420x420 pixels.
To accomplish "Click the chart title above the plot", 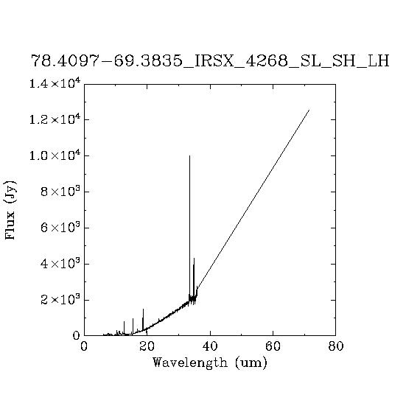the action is (210, 61).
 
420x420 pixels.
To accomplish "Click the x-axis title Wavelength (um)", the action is (210, 363).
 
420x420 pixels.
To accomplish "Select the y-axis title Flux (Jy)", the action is (10, 210).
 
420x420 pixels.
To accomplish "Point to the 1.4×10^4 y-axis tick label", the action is (55, 83).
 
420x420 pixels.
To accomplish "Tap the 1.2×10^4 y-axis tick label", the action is (55, 119).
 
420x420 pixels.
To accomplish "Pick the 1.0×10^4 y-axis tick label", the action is (55, 155).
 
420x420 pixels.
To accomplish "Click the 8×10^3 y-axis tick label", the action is (60, 191).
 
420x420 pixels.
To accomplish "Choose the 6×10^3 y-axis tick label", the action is (60, 227).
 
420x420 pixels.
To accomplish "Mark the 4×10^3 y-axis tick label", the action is (60, 263).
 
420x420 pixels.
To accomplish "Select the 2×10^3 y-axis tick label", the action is (60, 299).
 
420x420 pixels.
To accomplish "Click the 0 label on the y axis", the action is (77, 335).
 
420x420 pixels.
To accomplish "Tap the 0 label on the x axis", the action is (84, 346).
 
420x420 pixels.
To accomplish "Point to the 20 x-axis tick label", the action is (147, 346).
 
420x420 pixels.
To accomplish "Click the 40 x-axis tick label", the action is (210, 346).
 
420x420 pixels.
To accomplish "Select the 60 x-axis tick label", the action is (273, 346).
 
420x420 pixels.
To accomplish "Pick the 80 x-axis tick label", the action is (335, 346).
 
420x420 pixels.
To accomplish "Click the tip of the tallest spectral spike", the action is (189, 155).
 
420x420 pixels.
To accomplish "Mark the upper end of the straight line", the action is (309, 110).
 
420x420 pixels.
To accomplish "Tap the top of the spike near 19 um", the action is (143, 309).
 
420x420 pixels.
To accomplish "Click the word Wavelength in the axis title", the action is (190, 363).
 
